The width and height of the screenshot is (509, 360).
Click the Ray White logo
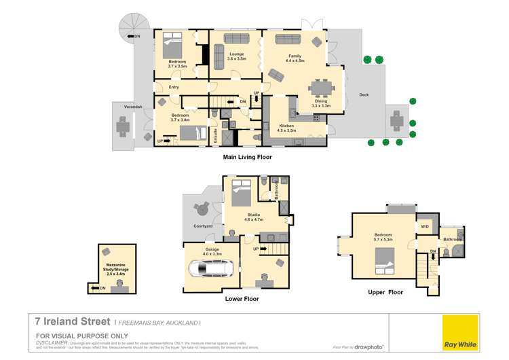coord(460,332)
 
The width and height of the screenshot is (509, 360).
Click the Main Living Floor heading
coord(247,157)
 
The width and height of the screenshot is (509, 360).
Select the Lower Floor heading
coord(242,298)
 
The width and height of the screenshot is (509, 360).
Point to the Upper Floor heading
coord(385,292)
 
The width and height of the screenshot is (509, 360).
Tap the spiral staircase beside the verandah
coord(127,37)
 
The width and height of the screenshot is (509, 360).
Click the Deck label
coord(364,94)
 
